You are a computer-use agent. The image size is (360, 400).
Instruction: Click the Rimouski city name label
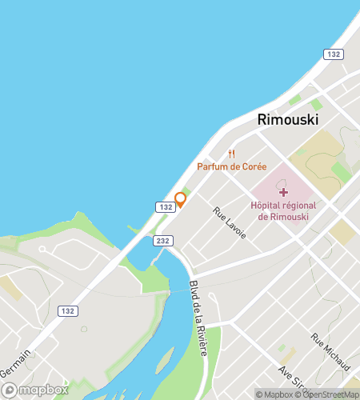[287, 119]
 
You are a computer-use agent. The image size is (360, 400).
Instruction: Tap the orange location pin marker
[181, 199]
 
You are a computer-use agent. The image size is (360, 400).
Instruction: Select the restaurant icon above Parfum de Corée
[232, 154]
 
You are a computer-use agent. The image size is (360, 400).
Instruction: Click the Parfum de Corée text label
[231, 166]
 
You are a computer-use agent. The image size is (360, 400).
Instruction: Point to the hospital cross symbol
[282, 190]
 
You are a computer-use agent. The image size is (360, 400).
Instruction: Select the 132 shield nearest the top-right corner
[333, 54]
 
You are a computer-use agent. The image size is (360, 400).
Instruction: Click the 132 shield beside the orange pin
[166, 207]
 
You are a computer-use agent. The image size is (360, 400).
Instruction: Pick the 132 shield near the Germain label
[67, 310]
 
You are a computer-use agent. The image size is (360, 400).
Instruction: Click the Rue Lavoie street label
[230, 222]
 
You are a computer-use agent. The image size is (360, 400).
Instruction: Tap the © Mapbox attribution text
[274, 394]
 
